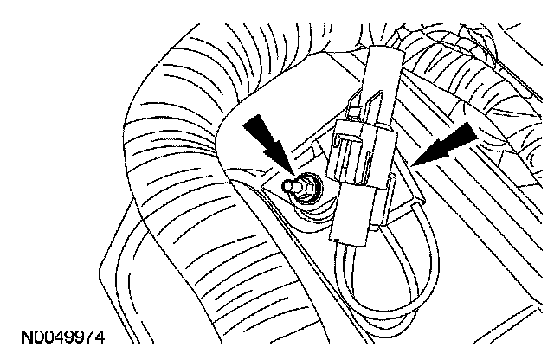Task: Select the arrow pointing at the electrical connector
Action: coord(448,142)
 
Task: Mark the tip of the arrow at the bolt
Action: coord(291,172)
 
